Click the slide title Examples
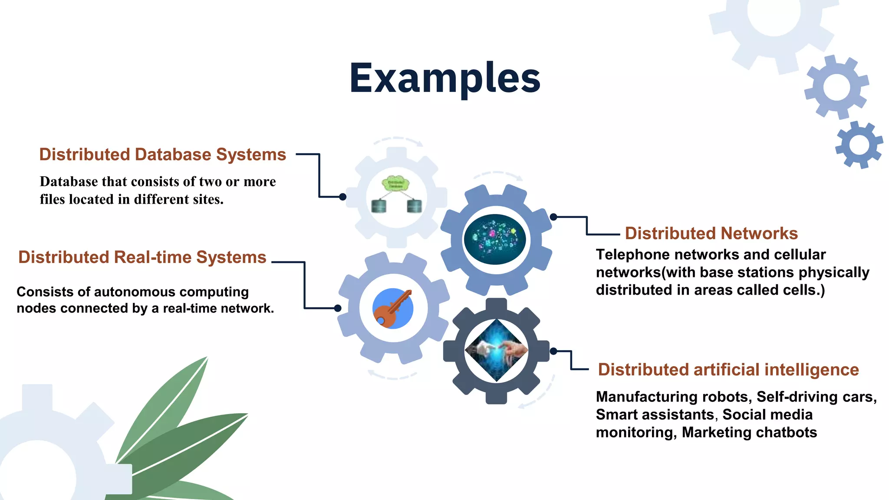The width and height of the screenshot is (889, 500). [445, 78]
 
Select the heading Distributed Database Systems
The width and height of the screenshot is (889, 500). [162, 155]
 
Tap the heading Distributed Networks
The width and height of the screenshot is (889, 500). [711, 234]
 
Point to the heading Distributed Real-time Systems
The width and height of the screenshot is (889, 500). [142, 257]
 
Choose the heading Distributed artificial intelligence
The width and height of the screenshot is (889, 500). [728, 370]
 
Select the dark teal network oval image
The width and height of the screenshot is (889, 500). [495, 239]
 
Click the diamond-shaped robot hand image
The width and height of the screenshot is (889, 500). [497, 350]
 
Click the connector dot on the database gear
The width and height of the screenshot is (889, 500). [342, 197]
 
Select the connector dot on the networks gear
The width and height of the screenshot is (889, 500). [553, 217]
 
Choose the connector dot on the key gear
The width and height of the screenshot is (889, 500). [338, 308]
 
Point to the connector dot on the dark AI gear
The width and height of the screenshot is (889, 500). [553, 351]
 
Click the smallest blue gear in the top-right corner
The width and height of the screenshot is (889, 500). [859, 145]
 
